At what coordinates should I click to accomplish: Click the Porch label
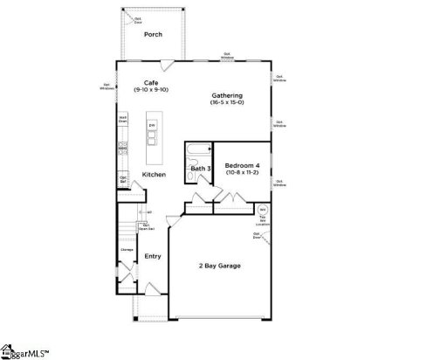154,35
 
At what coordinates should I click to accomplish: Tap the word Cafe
151,83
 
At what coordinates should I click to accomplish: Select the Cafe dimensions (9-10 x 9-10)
151,91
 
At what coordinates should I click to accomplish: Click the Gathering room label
226,95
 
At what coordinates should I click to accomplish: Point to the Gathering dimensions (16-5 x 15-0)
226,103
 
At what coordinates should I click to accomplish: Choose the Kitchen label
155,174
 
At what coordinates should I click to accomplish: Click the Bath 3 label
200,168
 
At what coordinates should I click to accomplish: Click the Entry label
153,256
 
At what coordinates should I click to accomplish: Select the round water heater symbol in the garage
261,210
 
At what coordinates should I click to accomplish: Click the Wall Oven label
123,119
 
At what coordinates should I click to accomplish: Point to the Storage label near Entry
126,251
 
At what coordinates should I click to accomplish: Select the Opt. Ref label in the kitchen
124,179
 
